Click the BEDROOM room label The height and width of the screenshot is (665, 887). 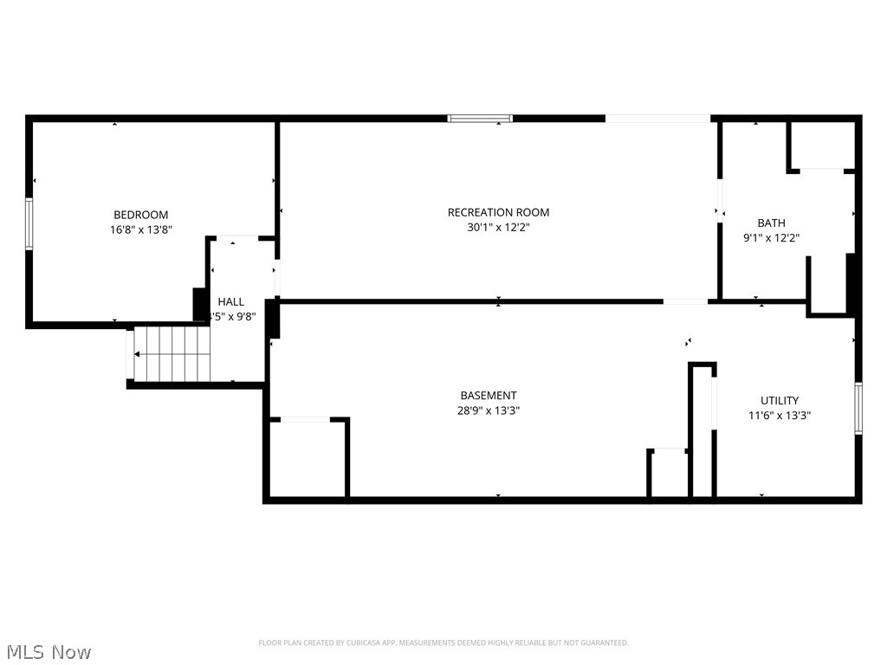(140, 215)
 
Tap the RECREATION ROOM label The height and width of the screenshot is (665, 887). (498, 212)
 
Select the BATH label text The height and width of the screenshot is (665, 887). (771, 223)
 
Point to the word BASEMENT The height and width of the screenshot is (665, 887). (489, 396)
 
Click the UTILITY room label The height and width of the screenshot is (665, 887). (780, 401)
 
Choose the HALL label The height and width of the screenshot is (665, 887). (231, 302)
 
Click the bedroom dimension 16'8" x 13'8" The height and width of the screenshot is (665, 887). (140, 230)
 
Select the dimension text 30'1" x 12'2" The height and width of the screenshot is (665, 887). (498, 228)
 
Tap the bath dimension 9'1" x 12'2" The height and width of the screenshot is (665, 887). (771, 238)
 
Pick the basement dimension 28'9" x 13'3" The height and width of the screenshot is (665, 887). (489, 411)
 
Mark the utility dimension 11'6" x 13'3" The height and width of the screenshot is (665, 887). (780, 416)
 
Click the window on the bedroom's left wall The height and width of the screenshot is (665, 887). (29, 224)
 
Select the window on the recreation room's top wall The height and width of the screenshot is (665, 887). (480, 119)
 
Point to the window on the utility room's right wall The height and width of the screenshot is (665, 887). (858, 408)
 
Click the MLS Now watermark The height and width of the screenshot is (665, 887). (49, 652)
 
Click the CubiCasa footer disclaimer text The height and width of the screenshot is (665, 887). (443, 642)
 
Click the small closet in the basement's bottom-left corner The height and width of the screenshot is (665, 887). (308, 459)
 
